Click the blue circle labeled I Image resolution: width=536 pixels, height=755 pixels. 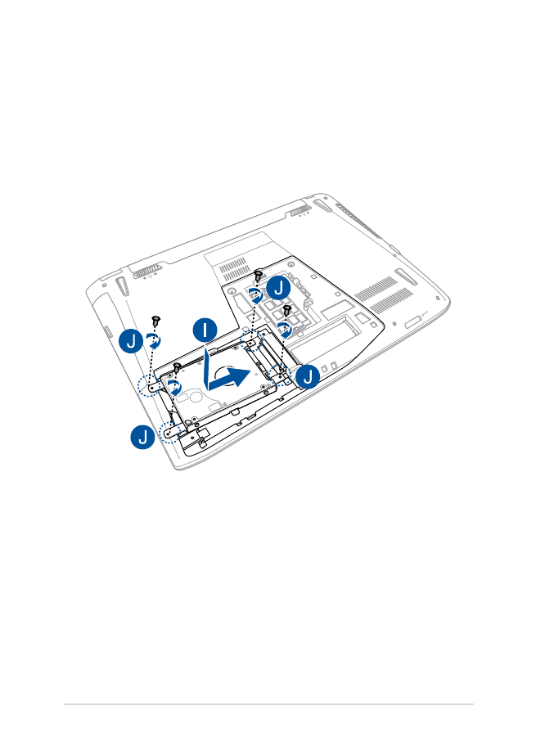pyautogui.click(x=205, y=330)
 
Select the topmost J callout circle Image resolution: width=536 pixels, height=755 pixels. pyautogui.click(x=278, y=288)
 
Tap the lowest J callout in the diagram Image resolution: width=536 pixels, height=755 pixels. pyautogui.click(x=143, y=437)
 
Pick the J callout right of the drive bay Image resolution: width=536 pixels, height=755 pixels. pyautogui.click(x=308, y=376)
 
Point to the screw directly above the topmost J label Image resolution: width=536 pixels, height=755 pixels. pyautogui.click(x=259, y=275)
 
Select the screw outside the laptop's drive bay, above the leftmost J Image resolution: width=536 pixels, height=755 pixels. pyautogui.click(x=155, y=320)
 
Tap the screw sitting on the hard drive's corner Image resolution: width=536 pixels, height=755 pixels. pyautogui.click(x=177, y=368)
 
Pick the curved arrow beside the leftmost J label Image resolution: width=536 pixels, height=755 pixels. pyautogui.click(x=154, y=339)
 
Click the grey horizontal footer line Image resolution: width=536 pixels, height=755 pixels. pyautogui.click(x=268, y=704)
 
